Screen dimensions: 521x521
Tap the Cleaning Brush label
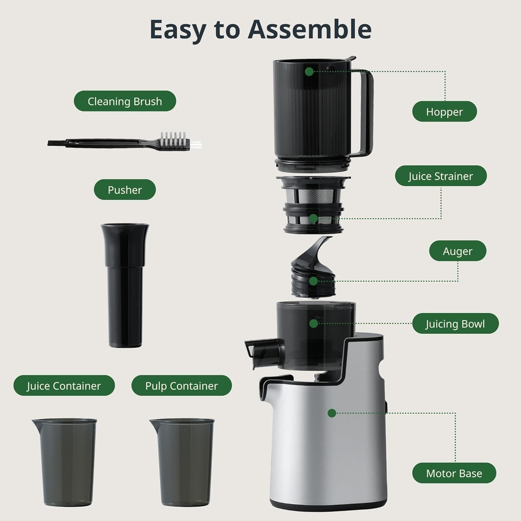click(125, 101)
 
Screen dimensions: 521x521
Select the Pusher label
click(125, 190)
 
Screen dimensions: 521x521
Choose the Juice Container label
click(64, 386)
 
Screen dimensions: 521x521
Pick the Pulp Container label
click(181, 386)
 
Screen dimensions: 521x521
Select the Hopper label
click(444, 112)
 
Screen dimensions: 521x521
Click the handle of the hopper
click(365, 112)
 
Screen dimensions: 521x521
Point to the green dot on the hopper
click(309, 72)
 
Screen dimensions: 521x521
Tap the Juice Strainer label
click(441, 177)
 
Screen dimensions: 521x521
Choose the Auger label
click(457, 251)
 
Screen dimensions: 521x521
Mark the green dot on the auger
click(313, 280)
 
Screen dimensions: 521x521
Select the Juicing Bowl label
click(455, 324)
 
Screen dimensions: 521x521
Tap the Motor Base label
click(454, 473)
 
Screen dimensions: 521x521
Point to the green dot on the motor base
click(332, 413)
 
